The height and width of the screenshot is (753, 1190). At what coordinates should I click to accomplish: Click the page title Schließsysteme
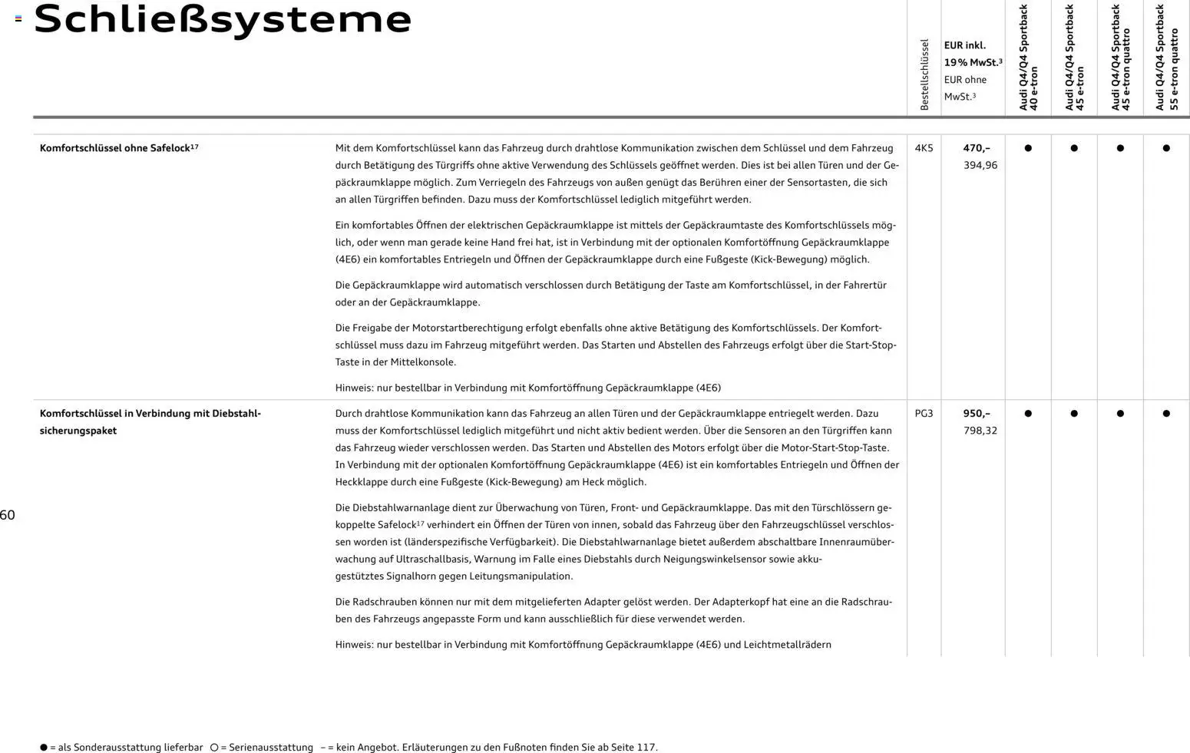click(223, 20)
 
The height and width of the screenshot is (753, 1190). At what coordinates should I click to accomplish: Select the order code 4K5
click(924, 148)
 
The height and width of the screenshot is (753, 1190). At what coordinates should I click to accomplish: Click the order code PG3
click(924, 414)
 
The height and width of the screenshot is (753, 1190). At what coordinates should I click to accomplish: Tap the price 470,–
click(977, 148)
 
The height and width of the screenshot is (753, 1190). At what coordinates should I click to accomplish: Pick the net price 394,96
click(980, 165)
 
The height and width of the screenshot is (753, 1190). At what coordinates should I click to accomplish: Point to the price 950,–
click(977, 414)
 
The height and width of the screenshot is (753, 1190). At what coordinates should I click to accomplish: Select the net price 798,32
click(980, 431)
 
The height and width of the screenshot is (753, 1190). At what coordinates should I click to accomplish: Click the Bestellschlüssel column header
click(924, 74)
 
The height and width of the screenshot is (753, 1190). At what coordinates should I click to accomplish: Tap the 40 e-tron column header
click(1028, 58)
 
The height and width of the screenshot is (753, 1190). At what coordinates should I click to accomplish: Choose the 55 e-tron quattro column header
click(1166, 58)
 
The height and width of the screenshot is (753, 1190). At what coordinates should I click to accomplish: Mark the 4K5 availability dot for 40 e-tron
click(1028, 148)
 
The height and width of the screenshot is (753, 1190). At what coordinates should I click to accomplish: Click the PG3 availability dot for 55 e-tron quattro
click(1166, 414)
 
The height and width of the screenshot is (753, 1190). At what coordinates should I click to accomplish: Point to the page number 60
click(8, 515)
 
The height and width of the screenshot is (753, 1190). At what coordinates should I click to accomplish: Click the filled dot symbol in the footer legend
click(44, 748)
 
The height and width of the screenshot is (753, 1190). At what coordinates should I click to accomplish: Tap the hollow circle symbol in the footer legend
click(214, 748)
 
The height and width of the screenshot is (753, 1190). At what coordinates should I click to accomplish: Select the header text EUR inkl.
click(965, 45)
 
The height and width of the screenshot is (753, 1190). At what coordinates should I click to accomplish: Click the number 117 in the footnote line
click(646, 748)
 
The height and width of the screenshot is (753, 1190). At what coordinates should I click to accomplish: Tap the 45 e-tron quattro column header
click(1120, 58)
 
